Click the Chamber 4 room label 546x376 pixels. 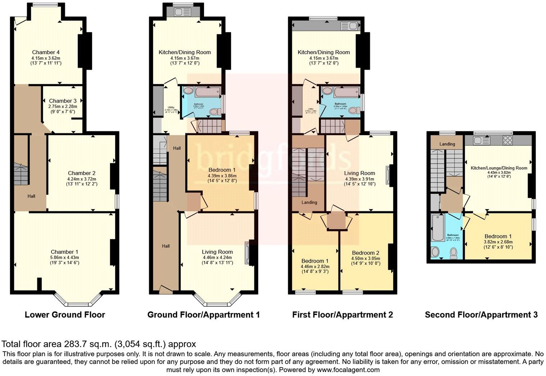46,52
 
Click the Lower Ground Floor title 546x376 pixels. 65,315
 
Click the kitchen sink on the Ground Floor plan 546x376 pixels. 179,12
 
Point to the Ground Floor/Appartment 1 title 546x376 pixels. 203,315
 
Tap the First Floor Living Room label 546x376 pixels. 359,173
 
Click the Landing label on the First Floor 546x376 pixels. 309,202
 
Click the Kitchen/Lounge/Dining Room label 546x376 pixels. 499,168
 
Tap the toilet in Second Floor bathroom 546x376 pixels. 453,253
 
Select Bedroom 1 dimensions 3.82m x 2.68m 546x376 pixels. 498,242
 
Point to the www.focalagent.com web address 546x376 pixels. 348,370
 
